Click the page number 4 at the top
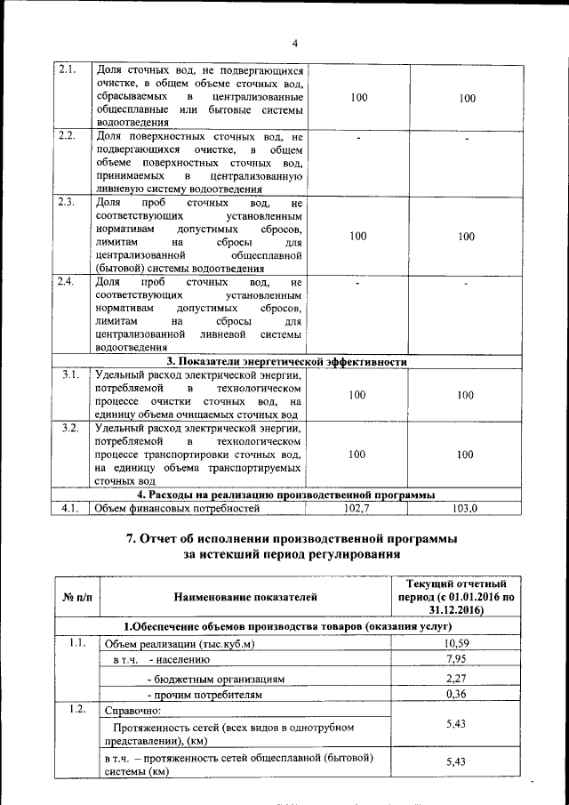(294, 44)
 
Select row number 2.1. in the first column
(67, 69)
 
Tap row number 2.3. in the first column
(67, 202)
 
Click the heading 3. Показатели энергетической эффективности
(287, 362)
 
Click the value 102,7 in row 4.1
(356, 508)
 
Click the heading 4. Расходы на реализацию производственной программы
(286, 495)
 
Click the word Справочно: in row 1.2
(132, 711)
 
